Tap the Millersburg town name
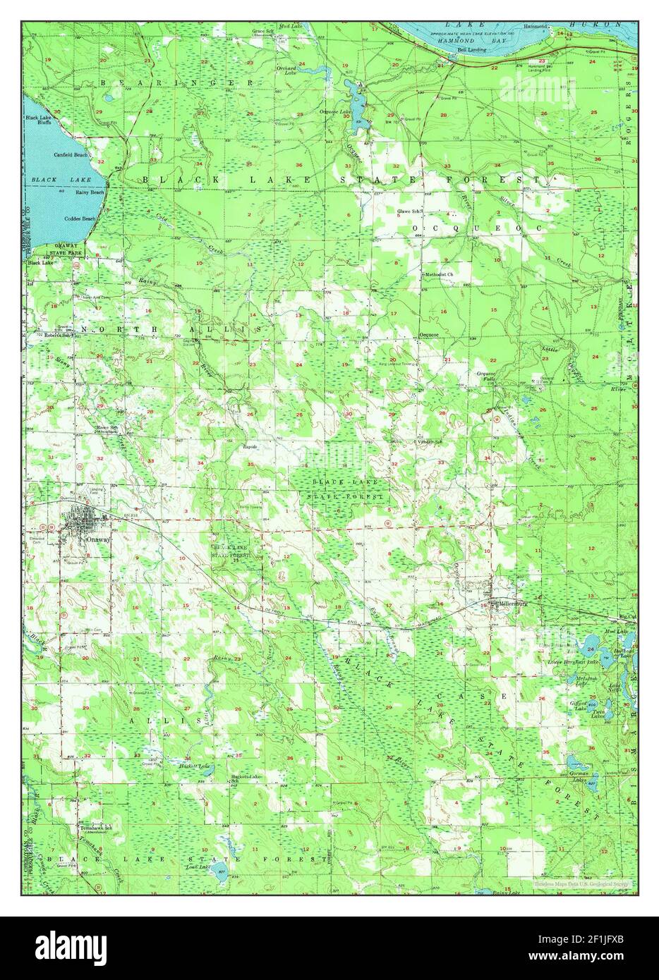(509, 603)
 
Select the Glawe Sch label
(409, 211)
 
